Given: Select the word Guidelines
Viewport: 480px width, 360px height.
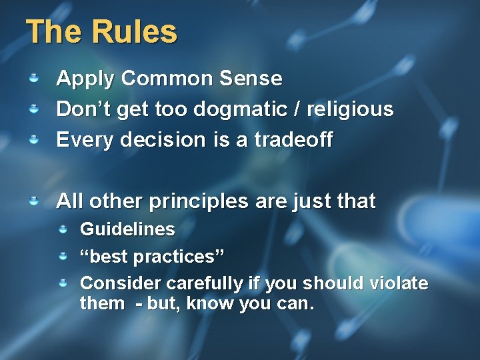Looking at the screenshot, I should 127,230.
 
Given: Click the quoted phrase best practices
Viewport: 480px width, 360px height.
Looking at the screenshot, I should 152,257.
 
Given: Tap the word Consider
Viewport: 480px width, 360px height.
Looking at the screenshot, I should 121,283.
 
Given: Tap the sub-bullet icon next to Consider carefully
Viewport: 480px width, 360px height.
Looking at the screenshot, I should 63,283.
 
